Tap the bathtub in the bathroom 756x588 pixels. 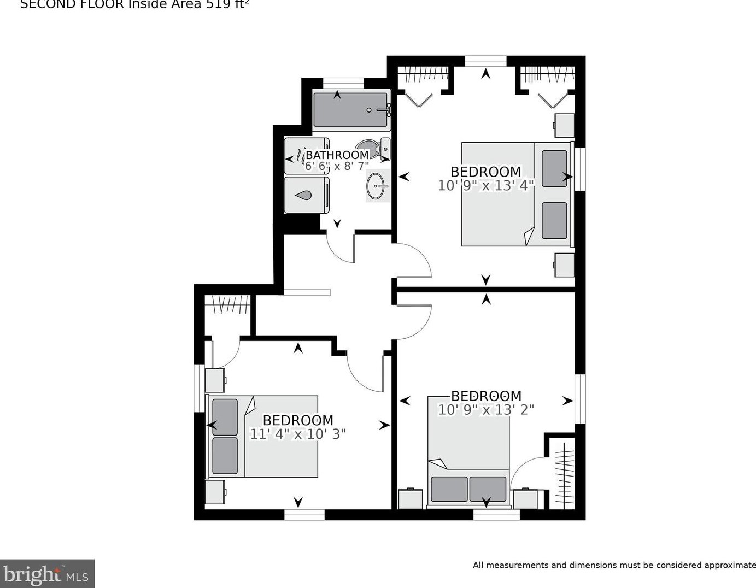350,109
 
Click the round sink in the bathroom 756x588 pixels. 376,186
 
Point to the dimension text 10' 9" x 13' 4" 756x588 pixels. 485,186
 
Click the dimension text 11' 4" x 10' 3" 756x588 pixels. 298,434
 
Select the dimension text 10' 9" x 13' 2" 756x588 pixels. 485,409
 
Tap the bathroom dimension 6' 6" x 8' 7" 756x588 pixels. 337,166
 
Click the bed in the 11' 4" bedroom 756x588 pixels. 262,436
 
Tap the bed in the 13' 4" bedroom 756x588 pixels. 517,194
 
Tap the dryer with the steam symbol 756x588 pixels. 306,156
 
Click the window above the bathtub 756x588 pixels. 343,83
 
